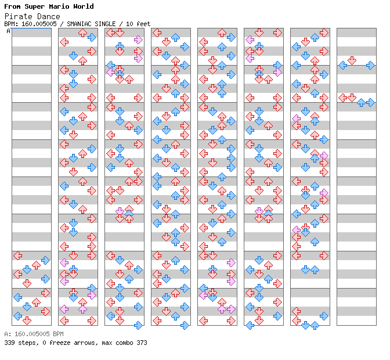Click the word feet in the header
[143, 24]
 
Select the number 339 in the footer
[9, 343]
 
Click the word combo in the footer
[124, 343]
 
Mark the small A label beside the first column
[9, 31]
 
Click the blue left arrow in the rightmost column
[343, 65]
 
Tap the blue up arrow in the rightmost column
[361, 102]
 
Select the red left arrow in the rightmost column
[343, 98]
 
